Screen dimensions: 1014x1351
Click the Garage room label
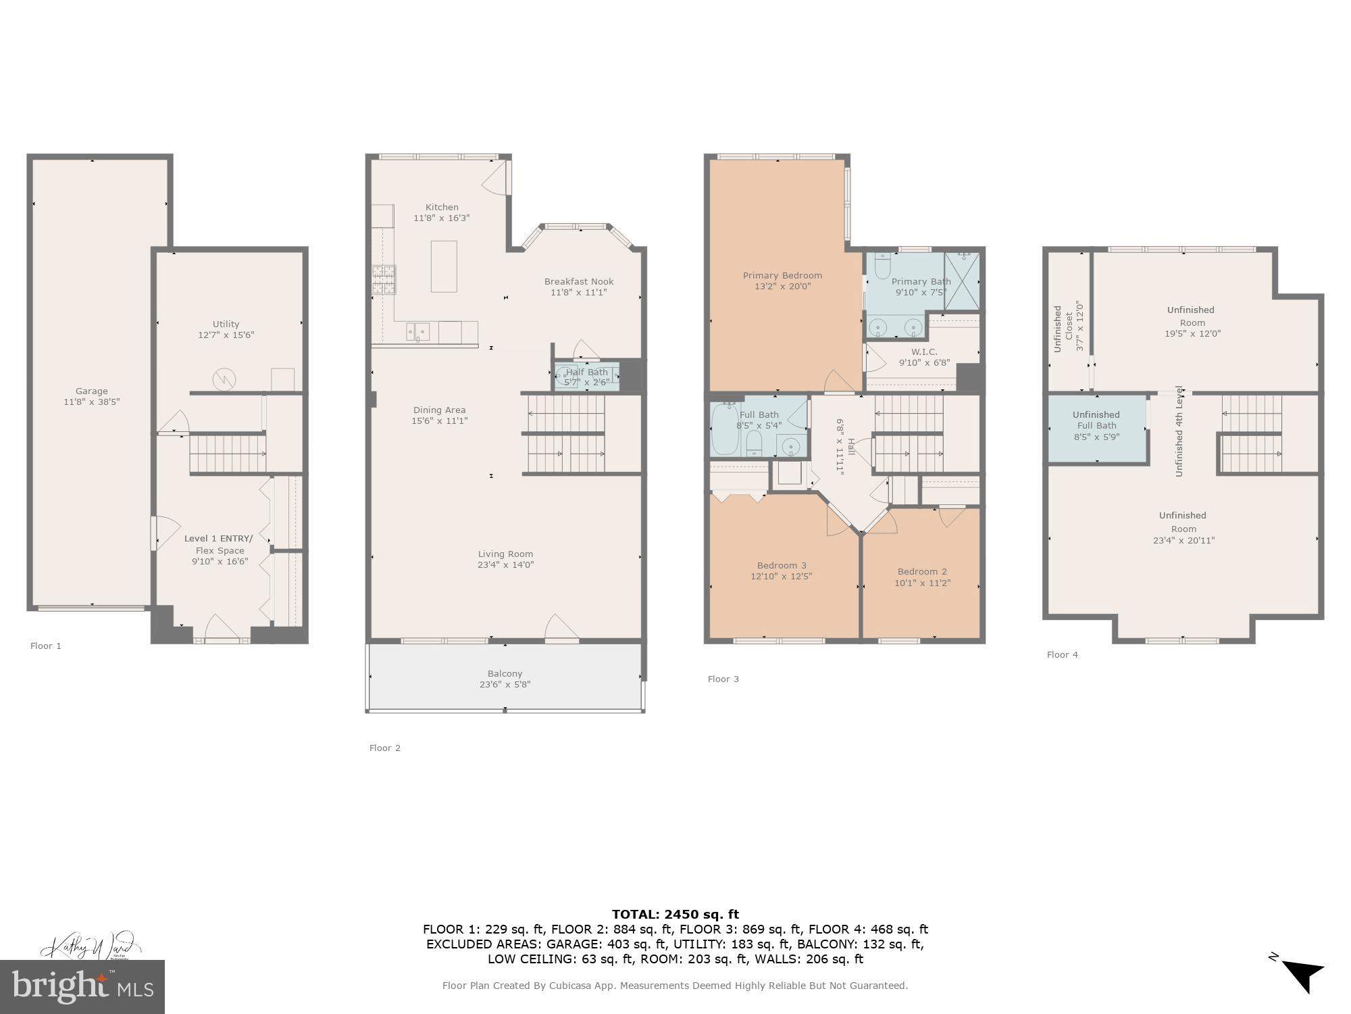(x=91, y=391)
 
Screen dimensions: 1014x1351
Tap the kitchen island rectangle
(x=444, y=266)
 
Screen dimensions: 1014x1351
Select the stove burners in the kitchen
(x=383, y=280)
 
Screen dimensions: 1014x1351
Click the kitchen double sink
(x=417, y=331)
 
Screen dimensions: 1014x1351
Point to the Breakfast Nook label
(x=579, y=282)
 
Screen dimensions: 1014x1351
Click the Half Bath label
(x=587, y=372)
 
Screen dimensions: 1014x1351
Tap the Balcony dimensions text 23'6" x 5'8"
(x=505, y=685)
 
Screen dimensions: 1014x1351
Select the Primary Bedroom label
(x=782, y=276)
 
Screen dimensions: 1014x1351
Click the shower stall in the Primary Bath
(x=961, y=281)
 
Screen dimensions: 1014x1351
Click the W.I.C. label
(x=923, y=352)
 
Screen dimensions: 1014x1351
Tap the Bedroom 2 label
(x=922, y=572)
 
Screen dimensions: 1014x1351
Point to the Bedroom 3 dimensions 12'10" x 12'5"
(x=781, y=577)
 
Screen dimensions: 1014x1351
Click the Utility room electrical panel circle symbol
(x=224, y=380)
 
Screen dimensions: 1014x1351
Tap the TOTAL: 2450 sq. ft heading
(x=675, y=915)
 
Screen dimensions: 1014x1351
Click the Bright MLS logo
(x=82, y=986)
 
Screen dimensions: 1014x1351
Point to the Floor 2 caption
(x=384, y=748)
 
